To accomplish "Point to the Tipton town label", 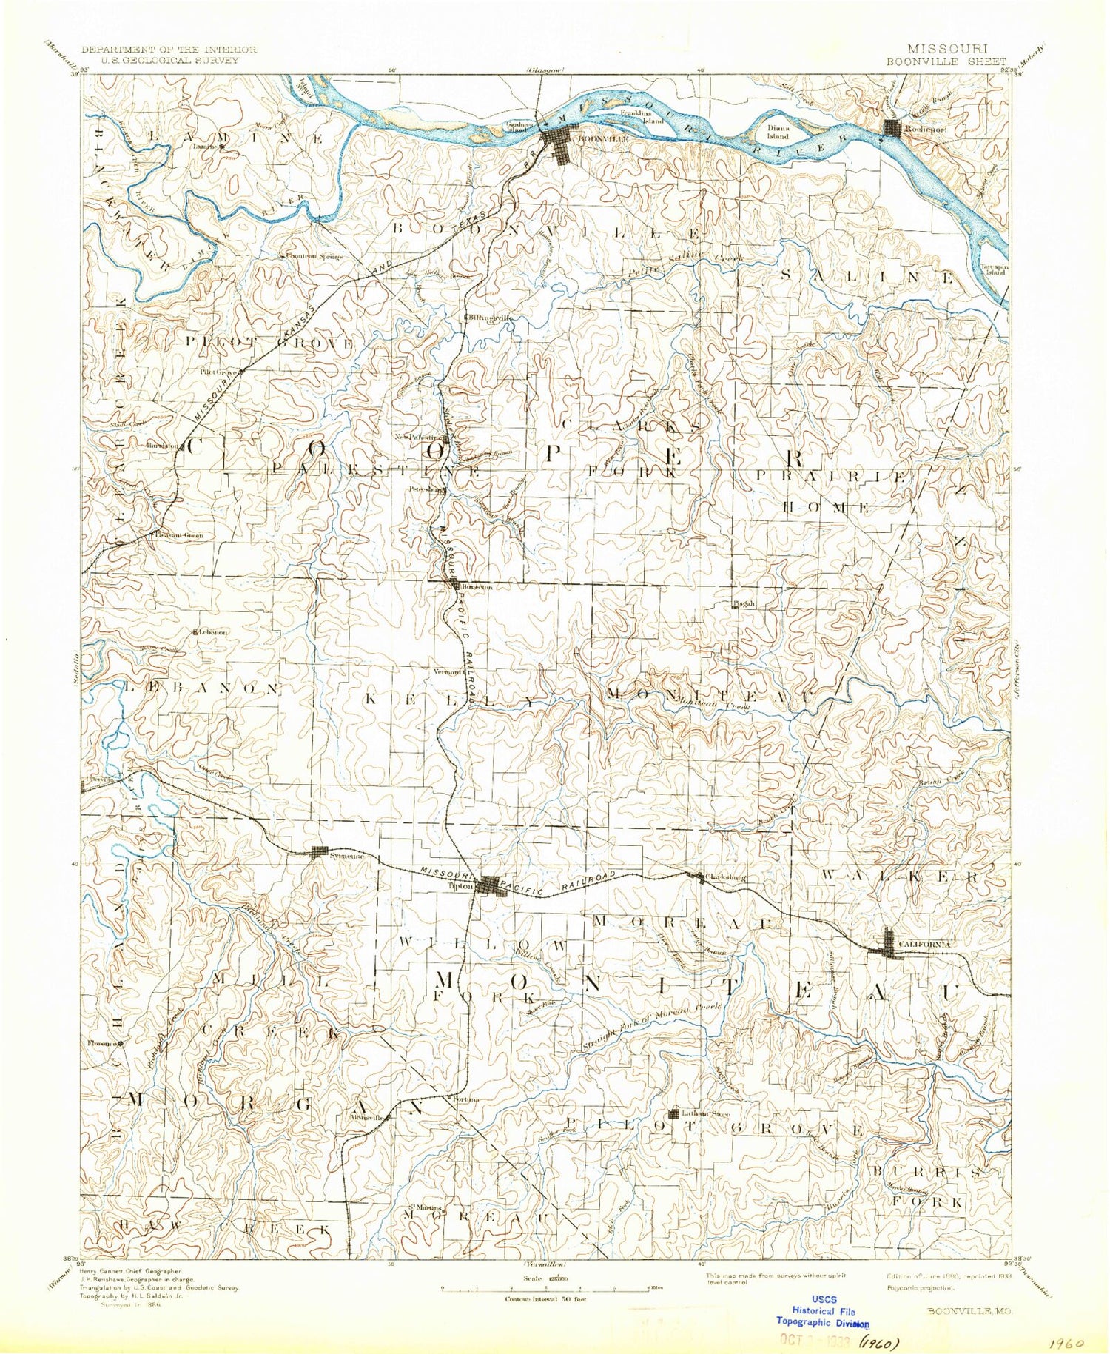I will pyautogui.click(x=465, y=885).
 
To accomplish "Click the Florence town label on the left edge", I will pyautogui.click(x=102, y=1044).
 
